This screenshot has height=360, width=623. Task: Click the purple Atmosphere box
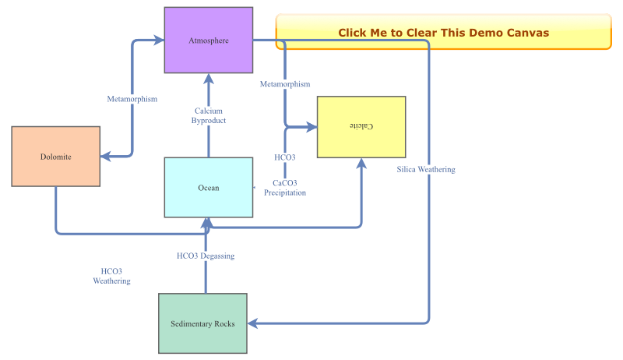coord(208,41)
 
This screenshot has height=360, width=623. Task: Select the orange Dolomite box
coord(55,157)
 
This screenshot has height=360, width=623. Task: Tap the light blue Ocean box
coord(208,188)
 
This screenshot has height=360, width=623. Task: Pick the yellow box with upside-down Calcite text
coord(361,127)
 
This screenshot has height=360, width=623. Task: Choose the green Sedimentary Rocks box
coord(202,323)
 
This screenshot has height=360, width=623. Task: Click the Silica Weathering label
coord(425,169)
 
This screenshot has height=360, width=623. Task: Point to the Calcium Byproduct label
coord(208,116)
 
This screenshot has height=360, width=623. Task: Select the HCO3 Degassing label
coord(206,256)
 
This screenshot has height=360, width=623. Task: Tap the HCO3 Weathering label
coord(111,276)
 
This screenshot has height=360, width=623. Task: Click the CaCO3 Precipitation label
coord(284,188)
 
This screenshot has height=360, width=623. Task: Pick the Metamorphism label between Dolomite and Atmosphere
coord(132,99)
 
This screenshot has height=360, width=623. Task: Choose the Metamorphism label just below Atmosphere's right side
coord(285,84)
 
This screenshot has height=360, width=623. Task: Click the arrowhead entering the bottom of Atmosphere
coord(208,78)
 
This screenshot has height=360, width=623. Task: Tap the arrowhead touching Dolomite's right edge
coord(105,157)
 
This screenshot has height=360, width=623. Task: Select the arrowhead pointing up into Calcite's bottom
coord(361,163)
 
